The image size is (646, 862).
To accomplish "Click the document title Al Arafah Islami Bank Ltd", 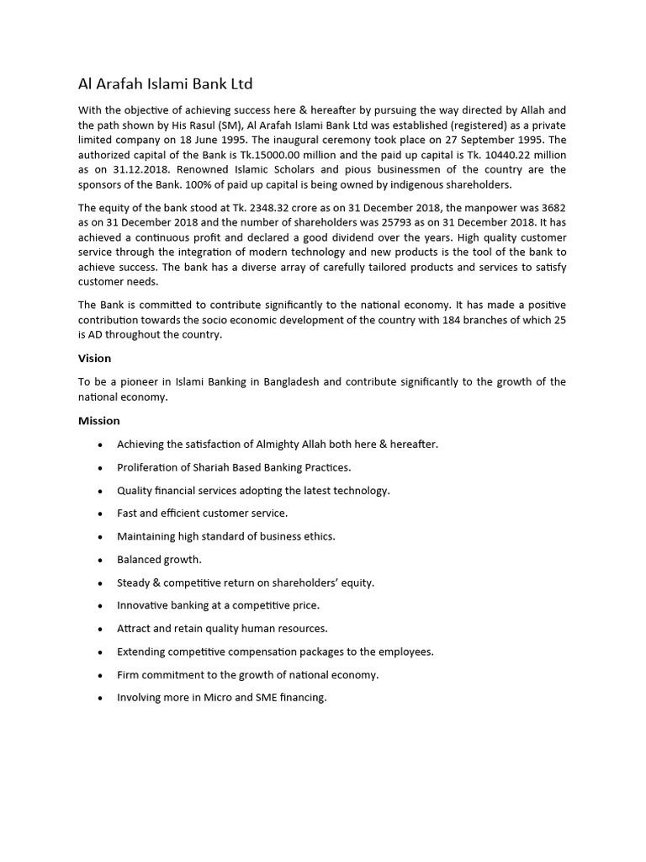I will (165, 83).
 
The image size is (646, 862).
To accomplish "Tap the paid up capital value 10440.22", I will (514, 155).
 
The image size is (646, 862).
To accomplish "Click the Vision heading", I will (95, 358).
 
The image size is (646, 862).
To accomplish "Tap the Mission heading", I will (99, 420).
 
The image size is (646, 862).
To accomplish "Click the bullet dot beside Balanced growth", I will (101, 560).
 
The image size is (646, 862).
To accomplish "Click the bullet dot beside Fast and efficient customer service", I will (101, 513).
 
